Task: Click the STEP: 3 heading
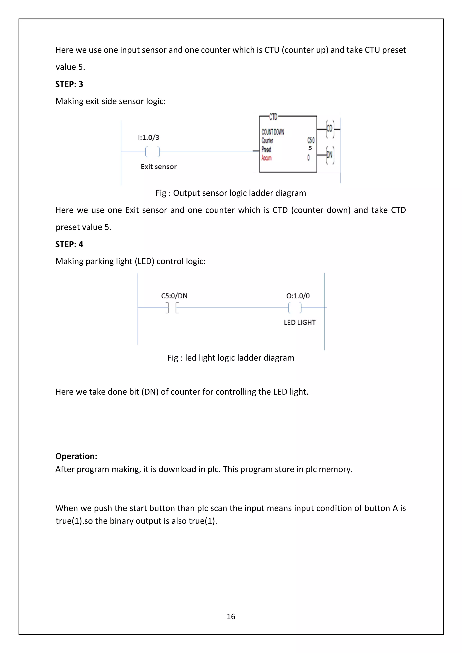point(69,84)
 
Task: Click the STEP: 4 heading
point(69,244)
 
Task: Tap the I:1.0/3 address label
point(148,138)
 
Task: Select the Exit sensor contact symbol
point(152,152)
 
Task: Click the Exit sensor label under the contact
point(158,167)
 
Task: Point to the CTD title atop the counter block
point(273,117)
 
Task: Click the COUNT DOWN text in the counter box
point(273,132)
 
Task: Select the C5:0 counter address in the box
point(311,140)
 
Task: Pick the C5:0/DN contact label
point(174,296)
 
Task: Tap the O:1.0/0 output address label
point(298,296)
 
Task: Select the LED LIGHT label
point(300,322)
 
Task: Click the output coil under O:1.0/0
point(295,308)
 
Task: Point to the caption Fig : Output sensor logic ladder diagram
point(231,193)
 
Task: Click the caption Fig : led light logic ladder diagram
point(231,358)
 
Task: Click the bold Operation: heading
point(76,456)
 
